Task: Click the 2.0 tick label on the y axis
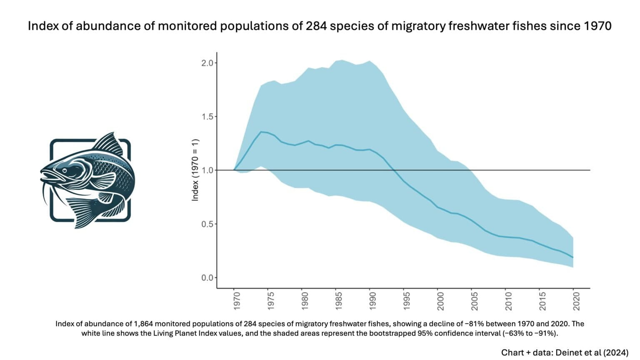tap(207, 63)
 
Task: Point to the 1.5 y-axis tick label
tap(207, 117)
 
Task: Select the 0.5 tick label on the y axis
tap(207, 224)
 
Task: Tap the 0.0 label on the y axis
tap(207, 278)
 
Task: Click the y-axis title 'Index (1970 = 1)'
tap(195, 170)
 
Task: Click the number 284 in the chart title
tap(317, 26)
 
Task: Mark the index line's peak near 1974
tap(261, 132)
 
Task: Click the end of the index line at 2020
tap(573, 257)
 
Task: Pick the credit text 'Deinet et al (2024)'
tap(591, 352)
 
